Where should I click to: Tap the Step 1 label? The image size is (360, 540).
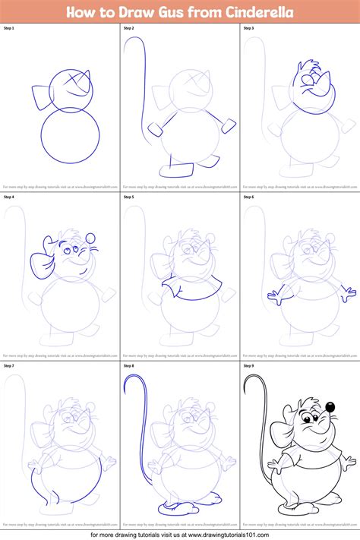(9, 28)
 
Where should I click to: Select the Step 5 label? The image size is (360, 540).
(128, 197)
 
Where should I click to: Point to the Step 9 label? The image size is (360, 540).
(248, 366)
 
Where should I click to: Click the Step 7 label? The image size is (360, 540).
(9, 366)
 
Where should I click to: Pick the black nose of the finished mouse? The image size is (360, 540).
(330, 410)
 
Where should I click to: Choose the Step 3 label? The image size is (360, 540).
(248, 28)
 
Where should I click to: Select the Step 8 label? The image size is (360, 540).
(128, 366)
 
